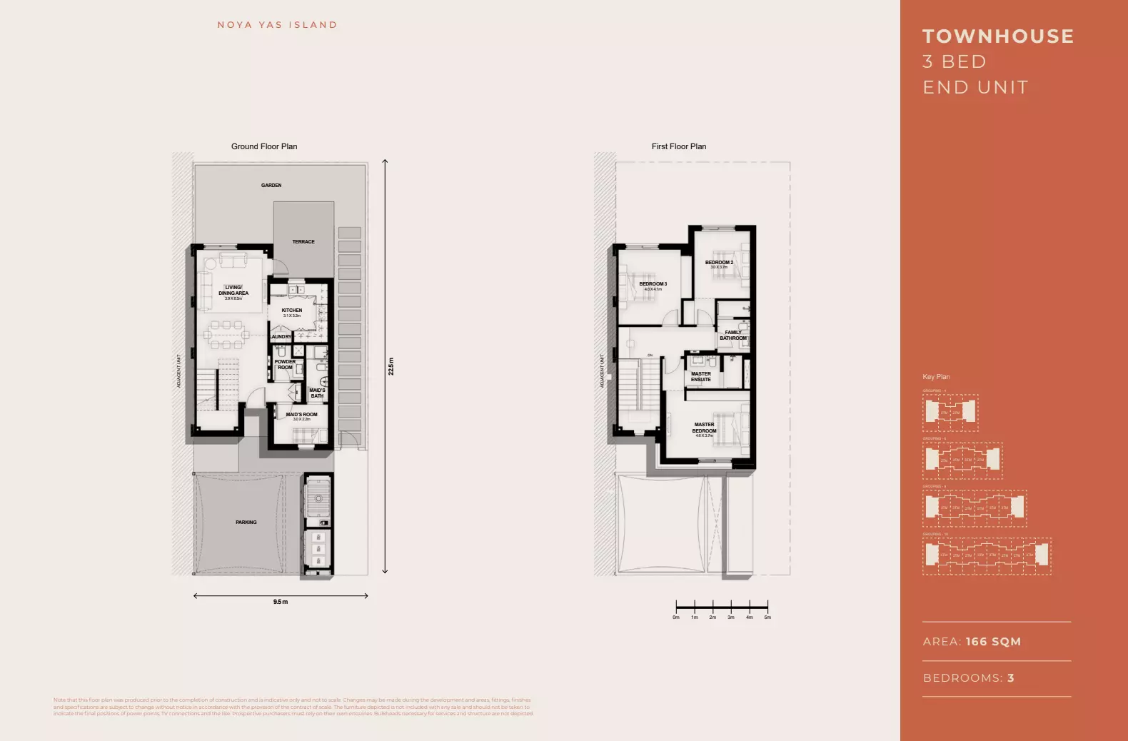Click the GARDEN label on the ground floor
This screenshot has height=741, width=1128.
[x=271, y=186]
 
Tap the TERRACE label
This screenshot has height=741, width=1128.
[x=303, y=242]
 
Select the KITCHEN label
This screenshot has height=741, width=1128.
[x=291, y=311]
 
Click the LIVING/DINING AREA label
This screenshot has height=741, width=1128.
[x=233, y=291]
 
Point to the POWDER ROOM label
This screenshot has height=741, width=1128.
[x=285, y=365]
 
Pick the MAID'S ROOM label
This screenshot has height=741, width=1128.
[x=301, y=415]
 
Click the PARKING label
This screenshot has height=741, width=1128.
[x=246, y=523]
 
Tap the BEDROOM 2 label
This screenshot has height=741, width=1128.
[x=719, y=263]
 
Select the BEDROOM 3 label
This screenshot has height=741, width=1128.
[x=653, y=284]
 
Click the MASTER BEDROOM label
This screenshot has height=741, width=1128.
[x=704, y=428]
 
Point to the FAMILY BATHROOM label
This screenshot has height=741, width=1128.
[x=733, y=335]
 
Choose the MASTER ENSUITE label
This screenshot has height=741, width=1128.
[x=700, y=376]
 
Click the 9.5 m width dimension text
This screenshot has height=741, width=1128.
[x=281, y=602]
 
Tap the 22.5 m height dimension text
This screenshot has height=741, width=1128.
[x=391, y=366]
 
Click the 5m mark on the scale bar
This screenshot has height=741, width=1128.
[x=767, y=617]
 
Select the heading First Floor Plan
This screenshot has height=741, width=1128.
[x=678, y=146]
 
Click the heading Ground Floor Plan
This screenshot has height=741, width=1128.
[x=264, y=146]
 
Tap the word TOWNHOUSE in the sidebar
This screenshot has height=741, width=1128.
[x=998, y=36]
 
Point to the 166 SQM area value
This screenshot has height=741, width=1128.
[x=993, y=642]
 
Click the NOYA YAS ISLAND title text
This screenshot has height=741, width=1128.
[x=277, y=25]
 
